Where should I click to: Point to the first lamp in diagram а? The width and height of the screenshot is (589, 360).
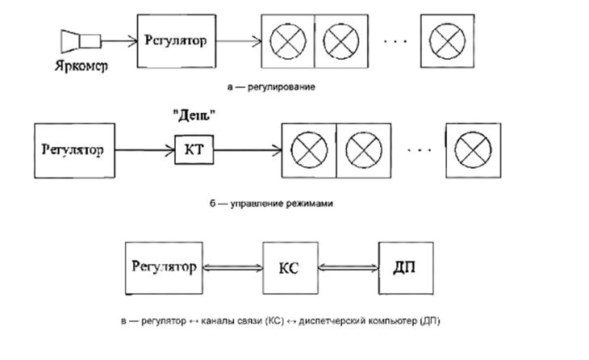[x=286, y=40]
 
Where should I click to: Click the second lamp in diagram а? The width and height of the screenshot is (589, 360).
[x=338, y=40]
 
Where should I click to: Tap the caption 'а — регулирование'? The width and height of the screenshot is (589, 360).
[x=271, y=86]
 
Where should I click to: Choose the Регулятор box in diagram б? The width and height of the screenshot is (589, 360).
[x=73, y=149]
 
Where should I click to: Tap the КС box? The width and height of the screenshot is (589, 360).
[x=288, y=268]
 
